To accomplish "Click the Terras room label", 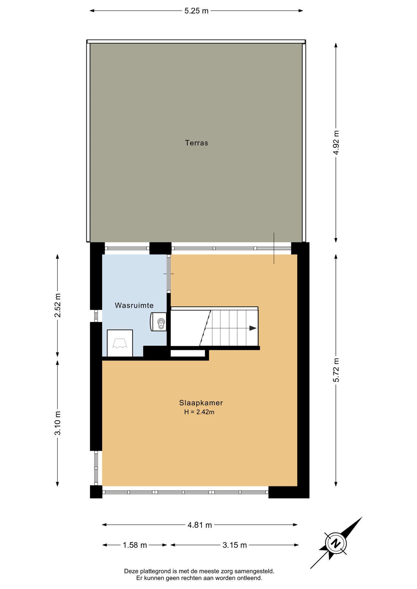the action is click(197, 143).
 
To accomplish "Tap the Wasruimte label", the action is click(134, 305).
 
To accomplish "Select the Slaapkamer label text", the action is click(201, 403).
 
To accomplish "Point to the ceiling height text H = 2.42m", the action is click(199, 412).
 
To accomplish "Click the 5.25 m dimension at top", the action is click(197, 11).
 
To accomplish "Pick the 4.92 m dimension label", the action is click(336, 143).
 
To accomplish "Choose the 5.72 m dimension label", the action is click(336, 370).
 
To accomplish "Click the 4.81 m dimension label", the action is click(200, 525).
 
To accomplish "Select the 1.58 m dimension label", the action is click(135, 545).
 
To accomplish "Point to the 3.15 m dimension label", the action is click(235, 545).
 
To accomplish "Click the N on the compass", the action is click(336, 543).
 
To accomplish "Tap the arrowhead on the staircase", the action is click(253, 328).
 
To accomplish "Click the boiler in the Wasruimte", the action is click(158, 322).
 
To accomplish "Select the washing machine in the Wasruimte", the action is click(120, 343).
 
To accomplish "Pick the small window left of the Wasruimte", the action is click(96, 316).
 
